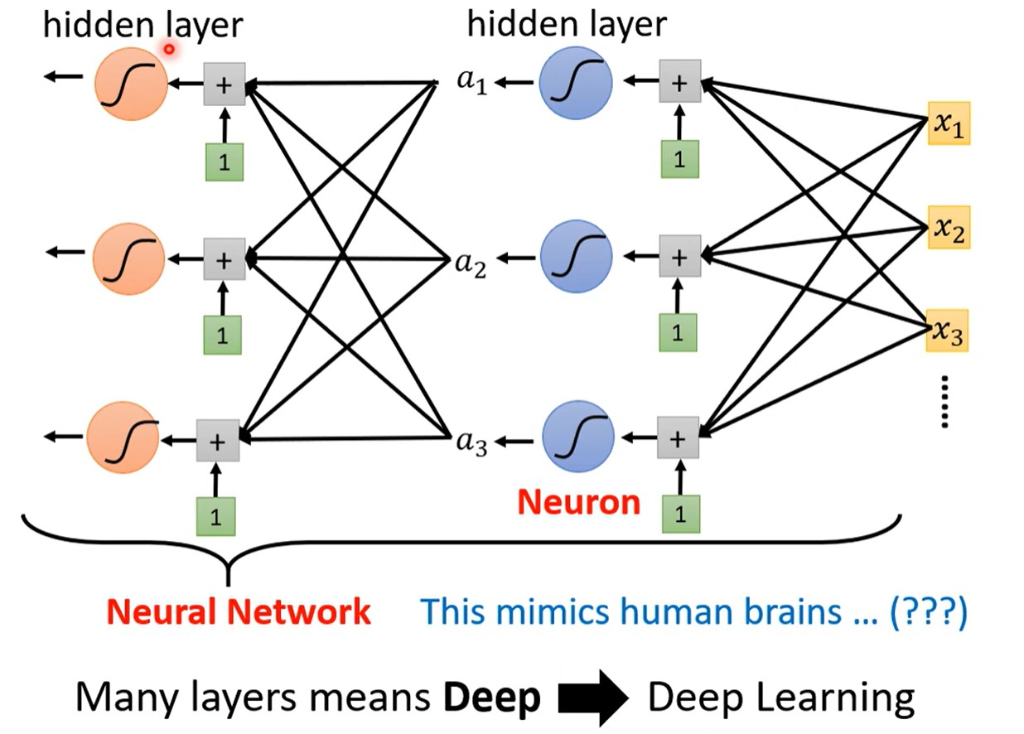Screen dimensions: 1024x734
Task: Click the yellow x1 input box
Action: (x=949, y=123)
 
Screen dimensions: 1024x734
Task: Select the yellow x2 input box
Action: (x=949, y=228)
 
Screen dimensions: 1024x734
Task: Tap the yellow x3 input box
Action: (x=947, y=331)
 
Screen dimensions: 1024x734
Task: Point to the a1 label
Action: (x=472, y=82)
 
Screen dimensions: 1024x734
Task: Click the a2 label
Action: (x=471, y=265)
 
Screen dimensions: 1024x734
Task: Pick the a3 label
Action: (x=471, y=443)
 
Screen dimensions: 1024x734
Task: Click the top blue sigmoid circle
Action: (x=576, y=83)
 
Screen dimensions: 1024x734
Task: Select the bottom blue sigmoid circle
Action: (x=578, y=437)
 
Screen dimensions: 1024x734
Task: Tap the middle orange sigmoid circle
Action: (x=128, y=259)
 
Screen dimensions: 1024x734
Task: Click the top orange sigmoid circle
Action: (x=131, y=85)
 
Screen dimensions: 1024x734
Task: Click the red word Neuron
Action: (x=579, y=503)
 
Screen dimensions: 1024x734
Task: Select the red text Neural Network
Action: (x=238, y=611)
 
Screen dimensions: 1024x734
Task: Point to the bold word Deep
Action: (x=492, y=698)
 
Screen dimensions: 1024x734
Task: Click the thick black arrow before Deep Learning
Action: (x=593, y=698)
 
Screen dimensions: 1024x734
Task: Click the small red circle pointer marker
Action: (x=169, y=49)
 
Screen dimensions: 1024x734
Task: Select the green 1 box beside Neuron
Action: (x=681, y=514)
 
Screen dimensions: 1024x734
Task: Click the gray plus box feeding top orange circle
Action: (x=225, y=85)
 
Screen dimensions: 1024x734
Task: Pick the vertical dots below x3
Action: (x=945, y=402)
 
